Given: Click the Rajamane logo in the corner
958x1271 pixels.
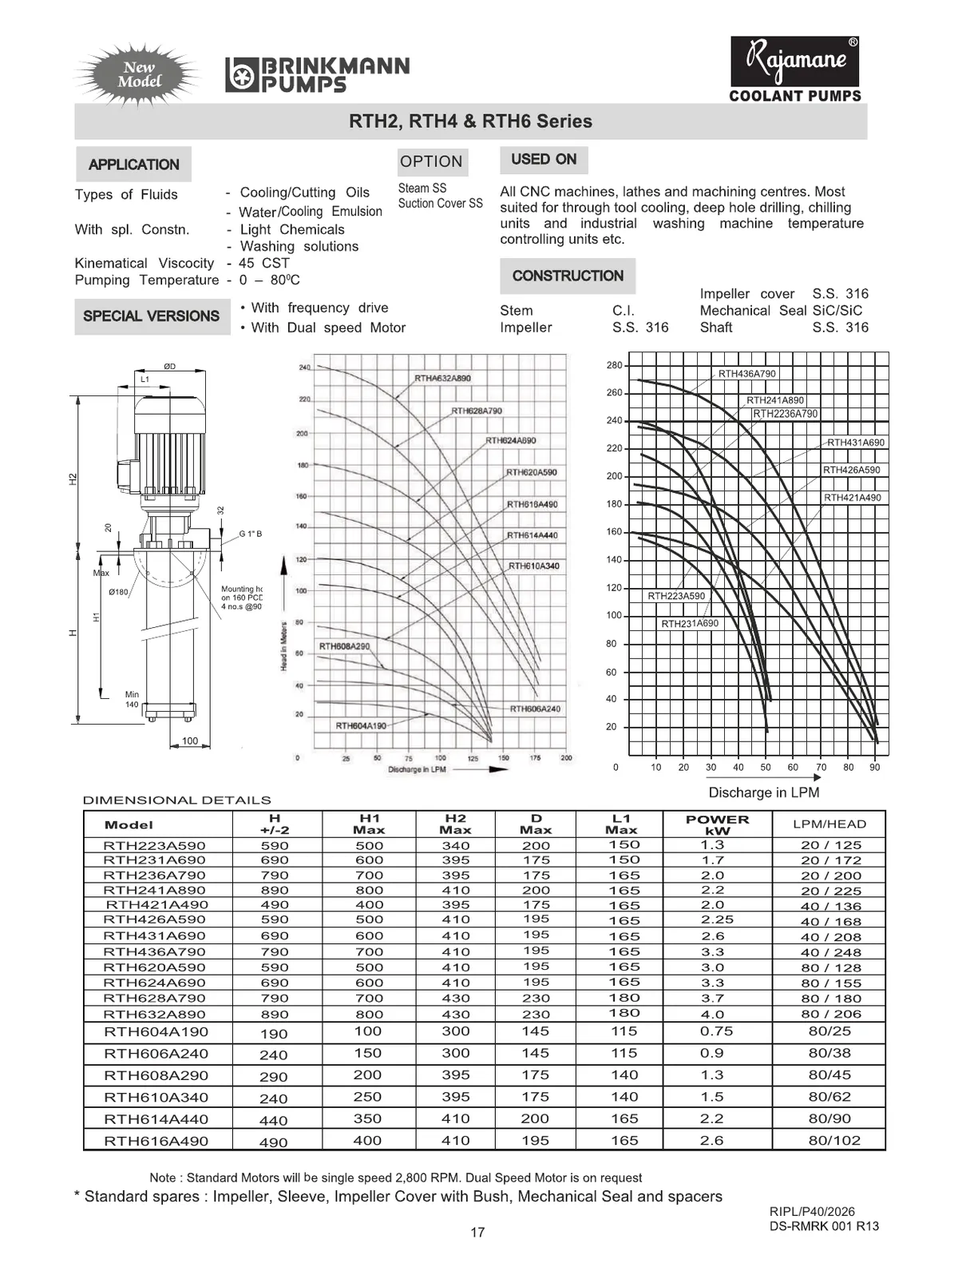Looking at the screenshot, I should [795, 62].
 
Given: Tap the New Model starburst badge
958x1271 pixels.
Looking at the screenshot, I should [139, 75].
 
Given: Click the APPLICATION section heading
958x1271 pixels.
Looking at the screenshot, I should [133, 165].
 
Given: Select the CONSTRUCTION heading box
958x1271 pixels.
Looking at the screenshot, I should [568, 276].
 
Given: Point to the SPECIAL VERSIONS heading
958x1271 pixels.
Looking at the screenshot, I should [152, 316].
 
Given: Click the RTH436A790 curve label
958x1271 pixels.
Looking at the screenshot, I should [746, 373].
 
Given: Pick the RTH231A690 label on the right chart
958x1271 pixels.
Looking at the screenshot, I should [690, 623].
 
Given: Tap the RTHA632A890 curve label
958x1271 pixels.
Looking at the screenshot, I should [442, 378].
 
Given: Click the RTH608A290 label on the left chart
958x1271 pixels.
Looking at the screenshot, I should [344, 645].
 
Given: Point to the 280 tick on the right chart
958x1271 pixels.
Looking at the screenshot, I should [614, 365].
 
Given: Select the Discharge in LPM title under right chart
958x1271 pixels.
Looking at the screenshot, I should [763, 792].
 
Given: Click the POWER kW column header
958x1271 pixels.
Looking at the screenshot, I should [717, 824].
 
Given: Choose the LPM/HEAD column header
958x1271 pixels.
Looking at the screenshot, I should [829, 824].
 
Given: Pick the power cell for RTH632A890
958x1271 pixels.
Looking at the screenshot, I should [712, 1014].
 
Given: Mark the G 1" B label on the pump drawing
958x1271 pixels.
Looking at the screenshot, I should [250, 534].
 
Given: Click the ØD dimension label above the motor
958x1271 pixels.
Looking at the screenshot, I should [169, 367].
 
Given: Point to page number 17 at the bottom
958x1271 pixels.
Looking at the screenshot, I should [477, 1232].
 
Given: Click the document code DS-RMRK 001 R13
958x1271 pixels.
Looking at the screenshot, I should [824, 1226].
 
